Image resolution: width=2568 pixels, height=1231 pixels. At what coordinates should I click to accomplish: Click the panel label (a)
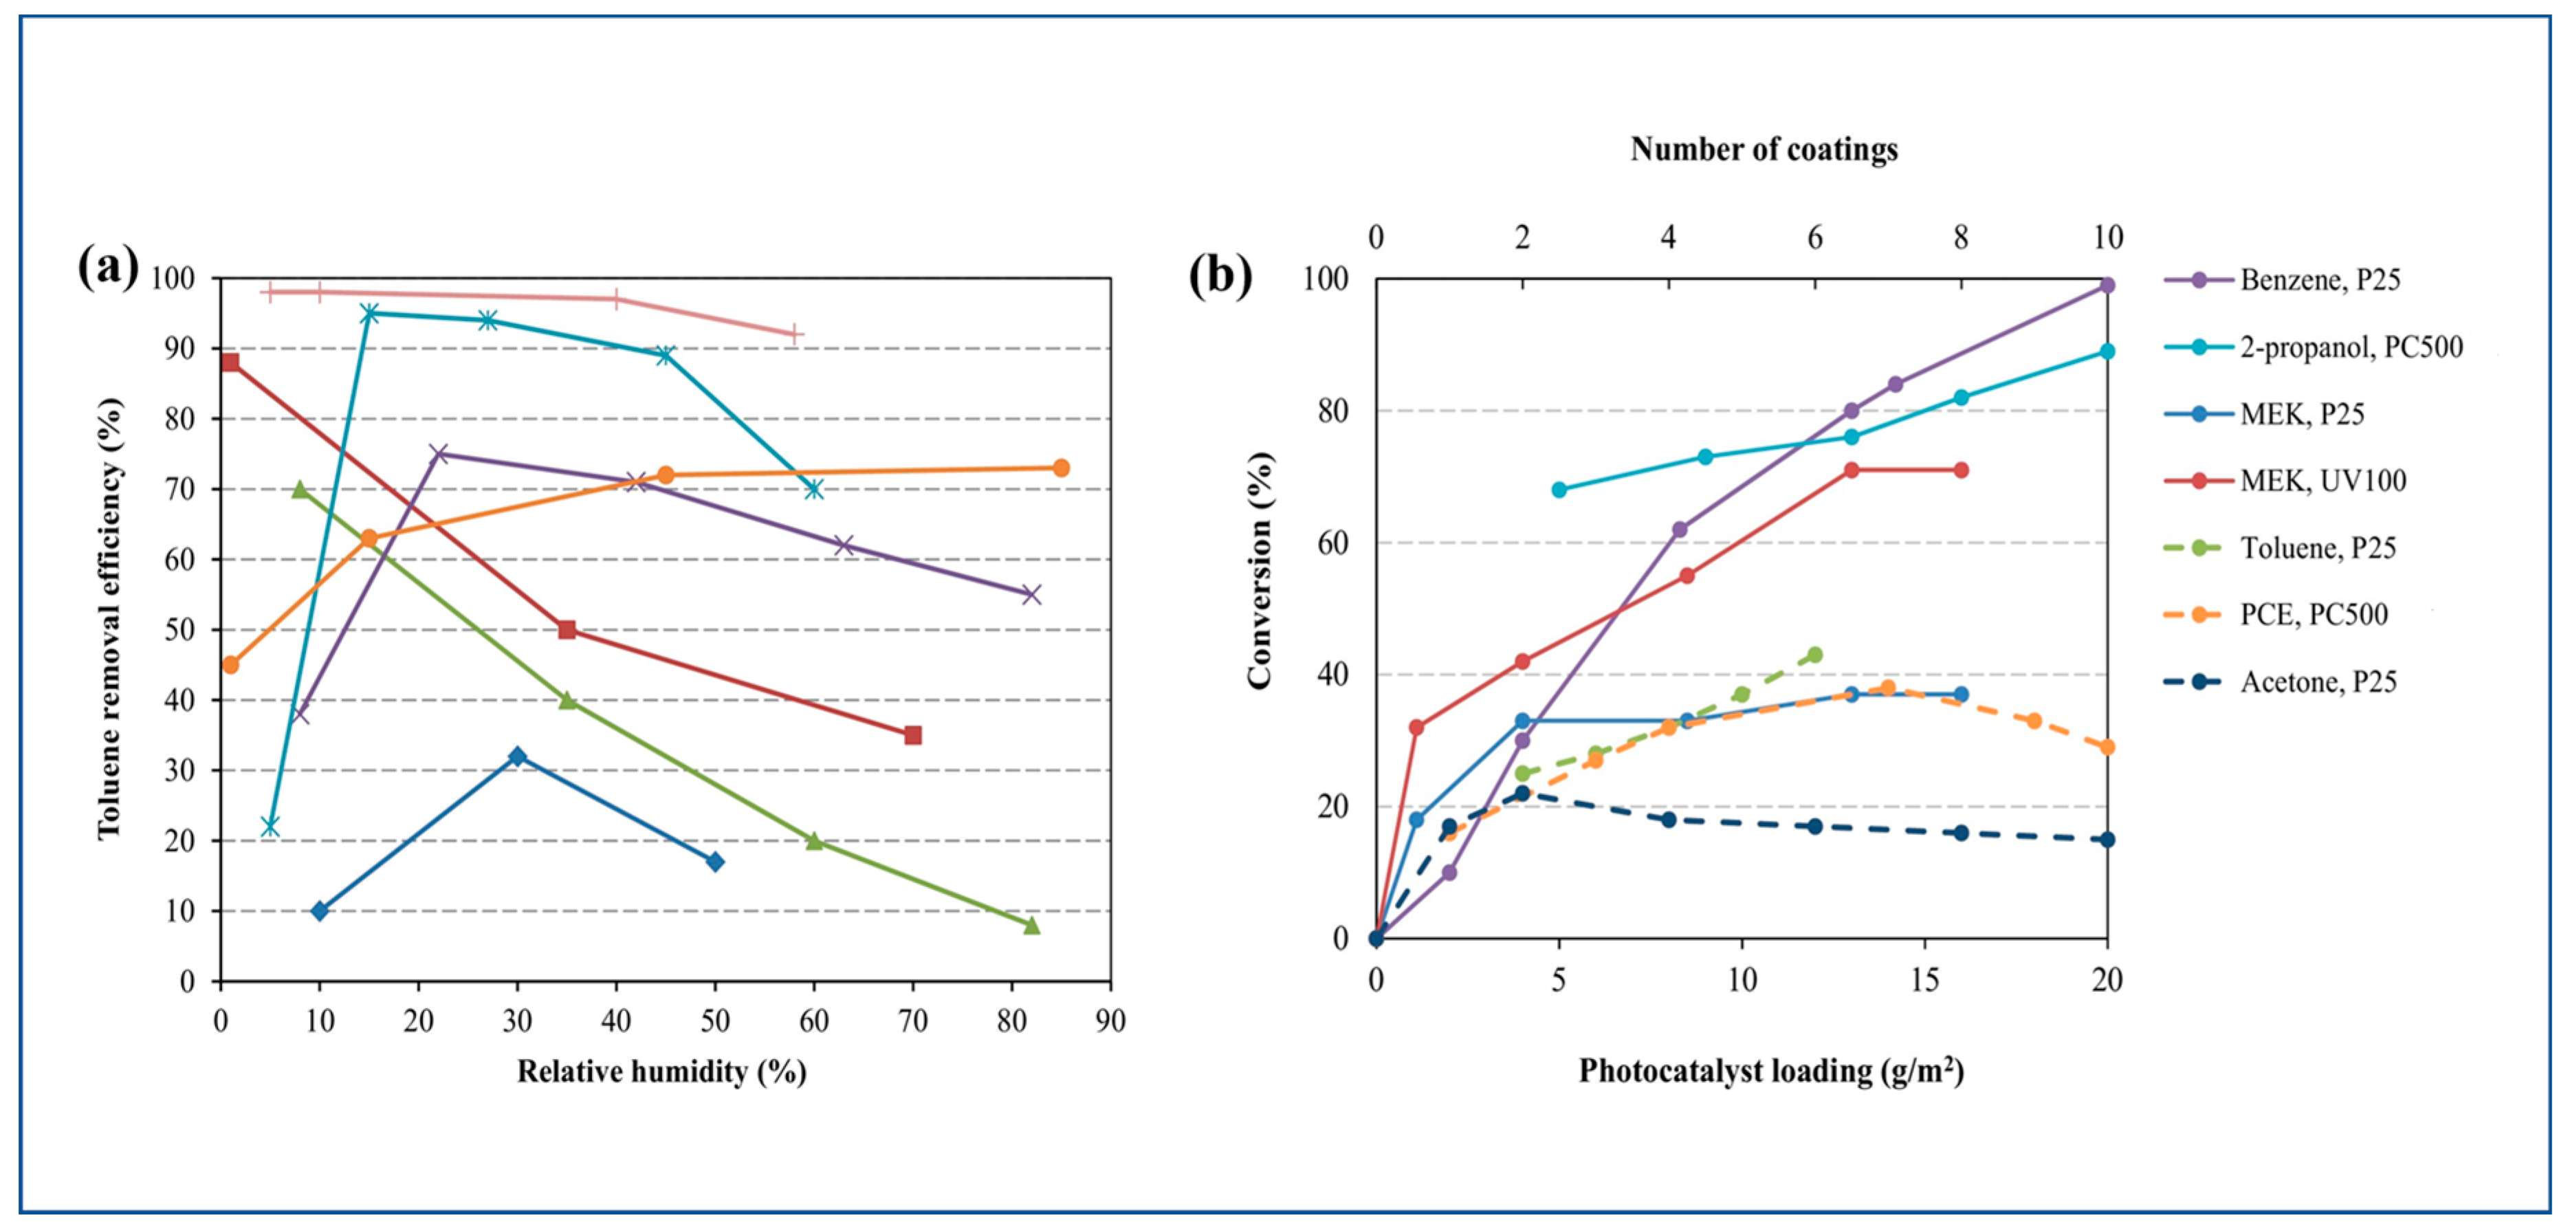point(108,269)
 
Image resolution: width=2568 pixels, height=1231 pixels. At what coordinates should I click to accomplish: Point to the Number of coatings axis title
point(1764,149)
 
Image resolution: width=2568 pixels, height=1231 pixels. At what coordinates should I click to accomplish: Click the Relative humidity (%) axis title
point(661,1071)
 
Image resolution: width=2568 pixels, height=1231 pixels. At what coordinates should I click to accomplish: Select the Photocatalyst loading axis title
point(1770,1071)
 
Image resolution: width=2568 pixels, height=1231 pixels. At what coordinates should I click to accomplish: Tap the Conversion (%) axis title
point(1260,570)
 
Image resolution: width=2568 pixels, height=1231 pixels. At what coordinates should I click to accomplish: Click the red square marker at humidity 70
point(912,736)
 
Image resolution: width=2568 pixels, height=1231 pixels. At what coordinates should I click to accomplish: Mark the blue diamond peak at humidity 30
point(516,756)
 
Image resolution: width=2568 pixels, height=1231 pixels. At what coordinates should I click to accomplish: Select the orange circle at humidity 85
point(1061,468)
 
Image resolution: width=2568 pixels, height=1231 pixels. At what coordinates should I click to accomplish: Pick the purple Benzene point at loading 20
point(2107,286)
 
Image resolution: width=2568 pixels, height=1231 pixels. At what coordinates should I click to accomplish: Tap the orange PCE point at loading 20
point(2107,748)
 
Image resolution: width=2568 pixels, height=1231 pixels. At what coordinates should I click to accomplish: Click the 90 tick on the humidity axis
point(1110,1021)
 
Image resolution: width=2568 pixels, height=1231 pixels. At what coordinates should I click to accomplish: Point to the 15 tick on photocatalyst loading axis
point(1924,981)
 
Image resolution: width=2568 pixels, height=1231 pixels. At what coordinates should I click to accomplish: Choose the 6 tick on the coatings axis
point(1814,238)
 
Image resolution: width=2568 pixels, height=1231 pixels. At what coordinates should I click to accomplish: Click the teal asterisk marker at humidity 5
point(269,827)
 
